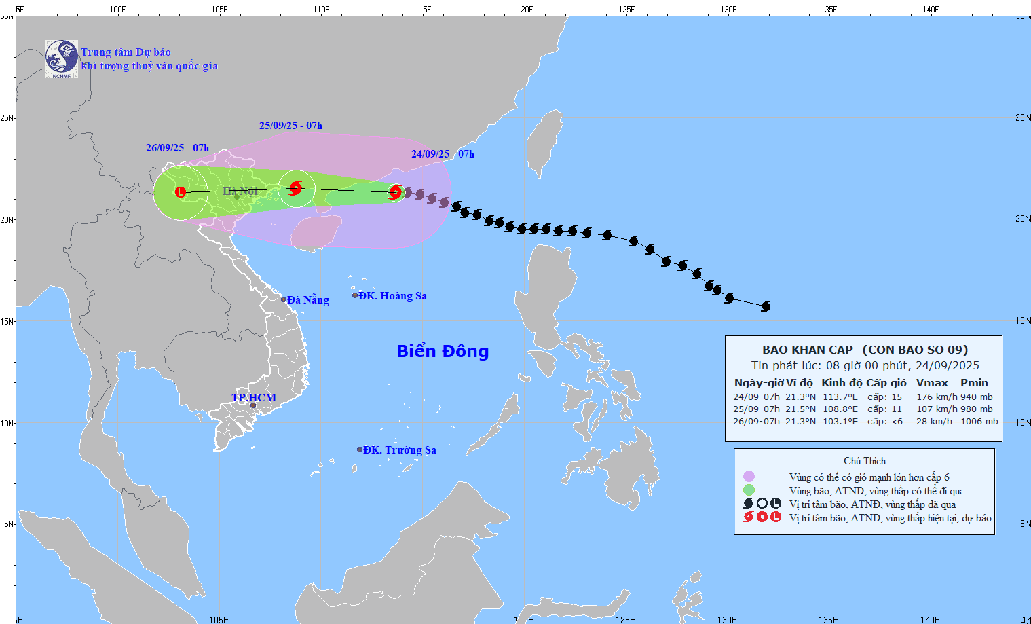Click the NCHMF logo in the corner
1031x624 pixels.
(62, 59)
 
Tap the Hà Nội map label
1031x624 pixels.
(240, 191)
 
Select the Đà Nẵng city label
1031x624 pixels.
(307, 299)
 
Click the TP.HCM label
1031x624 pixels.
(254, 398)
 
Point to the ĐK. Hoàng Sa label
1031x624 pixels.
(392, 296)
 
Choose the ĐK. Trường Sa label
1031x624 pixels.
(399, 450)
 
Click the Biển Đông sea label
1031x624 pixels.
(443, 351)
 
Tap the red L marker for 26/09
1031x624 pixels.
(181, 193)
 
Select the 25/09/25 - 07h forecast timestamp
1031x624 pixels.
(290, 126)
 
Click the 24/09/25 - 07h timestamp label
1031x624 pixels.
(443, 154)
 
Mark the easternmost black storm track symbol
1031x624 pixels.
(766, 306)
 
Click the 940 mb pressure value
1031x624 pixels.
(977, 397)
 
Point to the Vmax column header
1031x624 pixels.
(932, 383)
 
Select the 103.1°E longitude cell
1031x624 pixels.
(840, 422)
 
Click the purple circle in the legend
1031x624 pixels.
(749, 477)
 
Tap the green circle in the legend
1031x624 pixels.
(749, 490)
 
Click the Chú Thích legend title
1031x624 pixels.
(865, 461)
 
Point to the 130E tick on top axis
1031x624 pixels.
(728, 10)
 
